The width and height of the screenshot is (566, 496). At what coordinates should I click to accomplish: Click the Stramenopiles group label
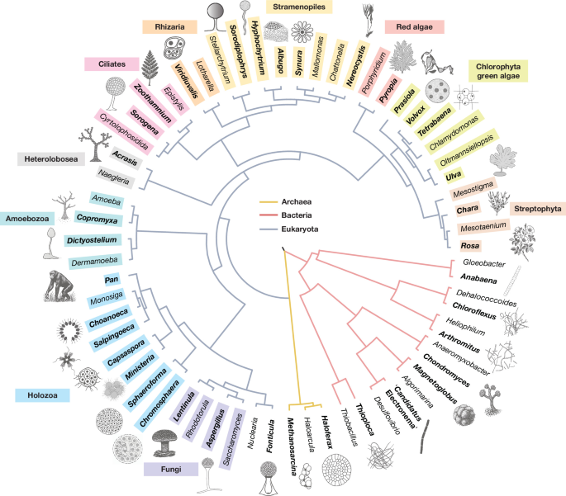coord(299,7)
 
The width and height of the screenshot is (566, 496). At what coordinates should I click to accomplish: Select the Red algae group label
coord(414,27)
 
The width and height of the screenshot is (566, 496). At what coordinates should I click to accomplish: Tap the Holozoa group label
coord(42,395)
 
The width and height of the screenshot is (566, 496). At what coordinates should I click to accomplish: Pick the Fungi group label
coord(171,470)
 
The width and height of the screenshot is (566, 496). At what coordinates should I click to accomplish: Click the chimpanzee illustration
coord(59,286)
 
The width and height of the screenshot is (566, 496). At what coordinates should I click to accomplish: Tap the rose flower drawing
coord(522,240)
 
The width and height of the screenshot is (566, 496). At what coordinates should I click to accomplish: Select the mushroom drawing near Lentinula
coord(165,442)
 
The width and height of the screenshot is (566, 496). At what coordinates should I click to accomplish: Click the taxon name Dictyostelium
coord(92,240)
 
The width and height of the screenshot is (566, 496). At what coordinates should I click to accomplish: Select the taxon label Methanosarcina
coord(292,446)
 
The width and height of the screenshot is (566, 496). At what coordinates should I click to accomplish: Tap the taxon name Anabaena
coord(478,278)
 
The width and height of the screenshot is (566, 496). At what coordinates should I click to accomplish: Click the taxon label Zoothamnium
coord(152,103)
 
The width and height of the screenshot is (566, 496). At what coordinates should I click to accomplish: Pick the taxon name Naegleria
coord(114,177)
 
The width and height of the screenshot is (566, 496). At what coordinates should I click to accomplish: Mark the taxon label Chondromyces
coord(446,371)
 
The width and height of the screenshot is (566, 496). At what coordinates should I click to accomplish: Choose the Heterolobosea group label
coord(51,159)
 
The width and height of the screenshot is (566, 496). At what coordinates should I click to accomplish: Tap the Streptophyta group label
coord(537,209)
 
